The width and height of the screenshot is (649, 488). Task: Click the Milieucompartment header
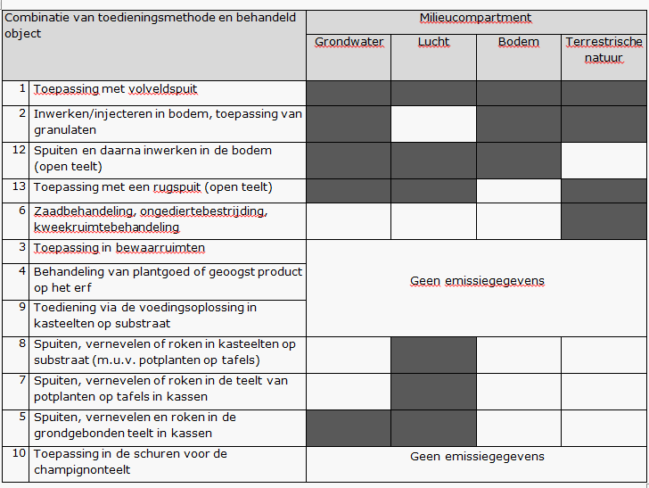(x=476, y=19)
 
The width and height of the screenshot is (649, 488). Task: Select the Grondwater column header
(x=348, y=42)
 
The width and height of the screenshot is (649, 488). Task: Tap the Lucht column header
(x=433, y=42)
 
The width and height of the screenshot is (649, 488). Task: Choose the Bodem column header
(x=518, y=42)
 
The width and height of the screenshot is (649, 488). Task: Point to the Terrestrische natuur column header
(x=604, y=50)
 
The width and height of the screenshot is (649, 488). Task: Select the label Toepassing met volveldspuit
(x=115, y=89)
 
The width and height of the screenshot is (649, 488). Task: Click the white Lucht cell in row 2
(x=433, y=123)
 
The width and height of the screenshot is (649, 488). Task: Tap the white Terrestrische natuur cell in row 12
(x=604, y=160)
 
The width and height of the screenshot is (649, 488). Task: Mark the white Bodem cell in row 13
(x=518, y=189)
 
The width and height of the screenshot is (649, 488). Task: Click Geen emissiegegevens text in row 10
(x=477, y=457)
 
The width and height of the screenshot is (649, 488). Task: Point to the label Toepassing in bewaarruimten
(x=119, y=248)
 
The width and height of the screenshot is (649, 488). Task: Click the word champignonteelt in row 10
(x=82, y=470)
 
